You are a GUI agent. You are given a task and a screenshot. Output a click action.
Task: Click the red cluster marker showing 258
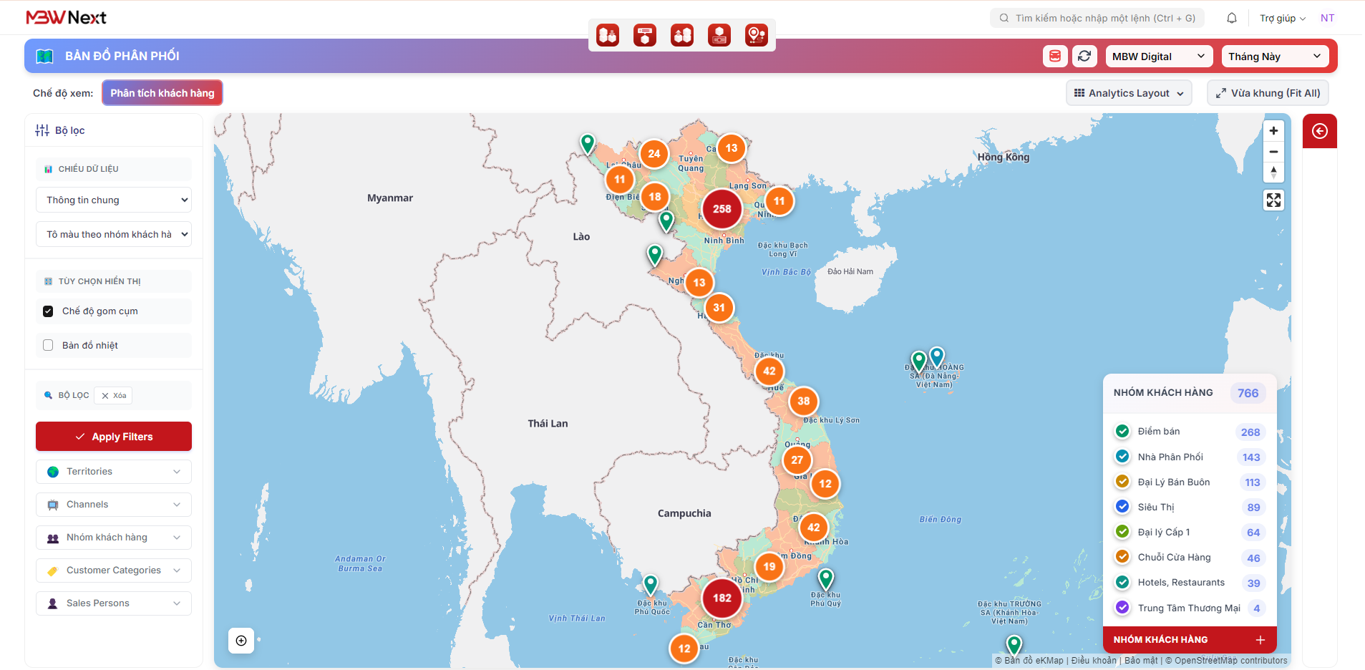tap(722, 209)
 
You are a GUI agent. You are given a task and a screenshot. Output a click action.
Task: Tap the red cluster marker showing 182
tap(722, 598)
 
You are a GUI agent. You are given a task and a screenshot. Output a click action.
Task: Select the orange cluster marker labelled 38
tap(803, 402)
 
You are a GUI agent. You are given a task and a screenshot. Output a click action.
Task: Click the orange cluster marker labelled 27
tap(797, 460)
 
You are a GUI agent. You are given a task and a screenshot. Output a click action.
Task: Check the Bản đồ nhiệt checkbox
tap(48, 345)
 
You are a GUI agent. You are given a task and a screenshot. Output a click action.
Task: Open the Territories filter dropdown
tap(114, 472)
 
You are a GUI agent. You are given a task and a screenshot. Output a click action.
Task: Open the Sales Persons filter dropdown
tap(114, 603)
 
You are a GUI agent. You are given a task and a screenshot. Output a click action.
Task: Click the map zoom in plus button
tap(1273, 131)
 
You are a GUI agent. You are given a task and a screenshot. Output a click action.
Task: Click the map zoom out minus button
tap(1273, 152)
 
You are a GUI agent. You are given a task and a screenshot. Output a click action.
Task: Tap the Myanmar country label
tap(390, 198)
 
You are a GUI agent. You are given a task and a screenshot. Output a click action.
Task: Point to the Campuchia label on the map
tap(684, 513)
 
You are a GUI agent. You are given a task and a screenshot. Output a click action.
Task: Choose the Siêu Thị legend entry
tap(1155, 508)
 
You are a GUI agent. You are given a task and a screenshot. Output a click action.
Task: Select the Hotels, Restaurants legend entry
tap(1180, 583)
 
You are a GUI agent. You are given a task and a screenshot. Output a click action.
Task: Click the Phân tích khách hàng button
tap(162, 93)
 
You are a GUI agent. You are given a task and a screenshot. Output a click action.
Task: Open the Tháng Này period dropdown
tap(1275, 57)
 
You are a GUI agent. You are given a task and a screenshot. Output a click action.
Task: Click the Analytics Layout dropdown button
tap(1129, 93)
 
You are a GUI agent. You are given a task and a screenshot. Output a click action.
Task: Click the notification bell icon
tap(1232, 18)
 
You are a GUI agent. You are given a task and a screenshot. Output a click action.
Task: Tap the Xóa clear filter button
tap(114, 396)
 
